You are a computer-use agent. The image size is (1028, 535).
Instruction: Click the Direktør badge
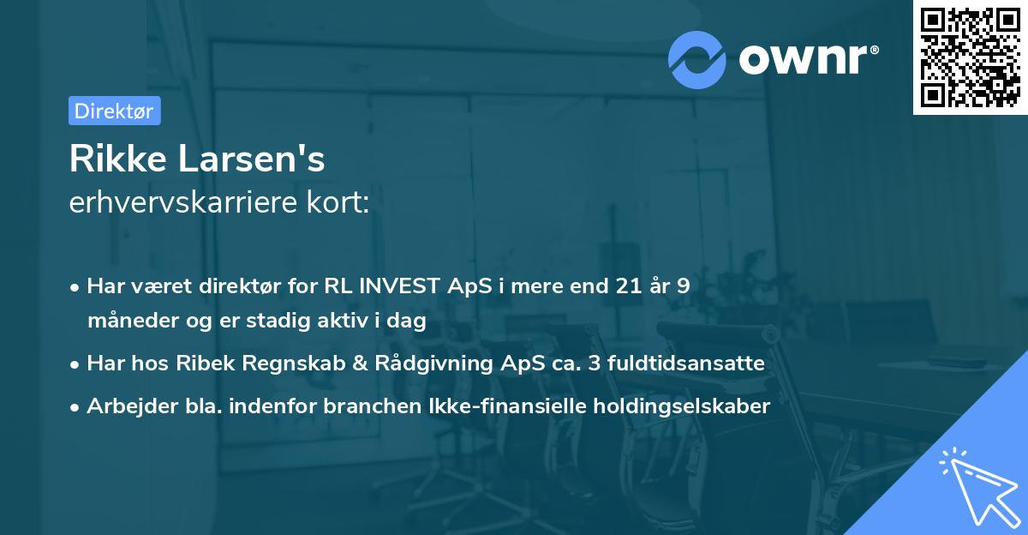point(114,111)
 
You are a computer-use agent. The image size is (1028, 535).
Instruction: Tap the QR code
point(969,57)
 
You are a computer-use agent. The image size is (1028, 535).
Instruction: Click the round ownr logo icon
point(697,59)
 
